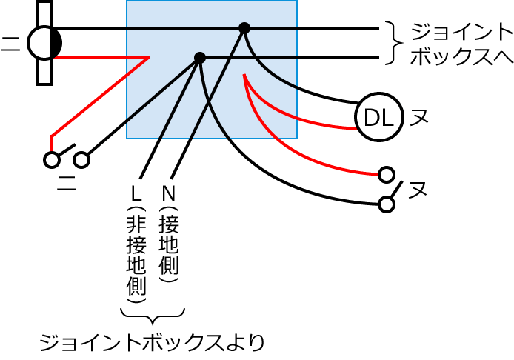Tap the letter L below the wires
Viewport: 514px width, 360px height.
[136, 193]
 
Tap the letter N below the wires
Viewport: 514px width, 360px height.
[168, 193]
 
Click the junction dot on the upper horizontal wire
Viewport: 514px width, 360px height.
[244, 28]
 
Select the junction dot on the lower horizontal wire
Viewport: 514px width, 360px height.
[200, 58]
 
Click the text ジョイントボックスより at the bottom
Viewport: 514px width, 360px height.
[152, 343]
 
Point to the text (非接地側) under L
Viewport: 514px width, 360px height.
[136, 255]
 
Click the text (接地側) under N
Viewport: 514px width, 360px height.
[168, 244]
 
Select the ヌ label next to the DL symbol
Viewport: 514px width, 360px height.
[419, 117]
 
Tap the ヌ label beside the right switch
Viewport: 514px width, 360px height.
[418, 190]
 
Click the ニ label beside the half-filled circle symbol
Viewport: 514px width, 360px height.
[10, 44]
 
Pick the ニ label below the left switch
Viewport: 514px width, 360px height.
[67, 183]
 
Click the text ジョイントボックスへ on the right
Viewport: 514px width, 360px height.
[461, 44]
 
